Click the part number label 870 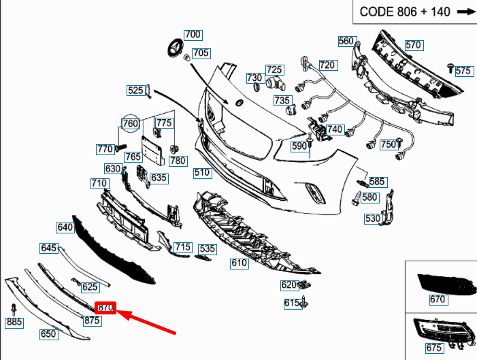pos(105,308)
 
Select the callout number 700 pos(193,35)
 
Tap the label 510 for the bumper pos(202,173)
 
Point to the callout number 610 pos(239,263)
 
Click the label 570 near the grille pos(414,46)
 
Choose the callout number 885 pos(14,321)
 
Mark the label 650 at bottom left pos(48,334)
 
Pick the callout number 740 pos(335,129)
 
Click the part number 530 pos(373,218)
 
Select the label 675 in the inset pos(434,348)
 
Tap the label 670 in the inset pos(437,299)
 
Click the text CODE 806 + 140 pos(404,12)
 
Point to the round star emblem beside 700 pos(175,48)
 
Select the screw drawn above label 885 pos(14,308)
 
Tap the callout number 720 pos(328,65)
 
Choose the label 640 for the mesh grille pos(65,227)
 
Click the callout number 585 pos(377,182)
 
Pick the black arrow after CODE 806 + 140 pos(465,12)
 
